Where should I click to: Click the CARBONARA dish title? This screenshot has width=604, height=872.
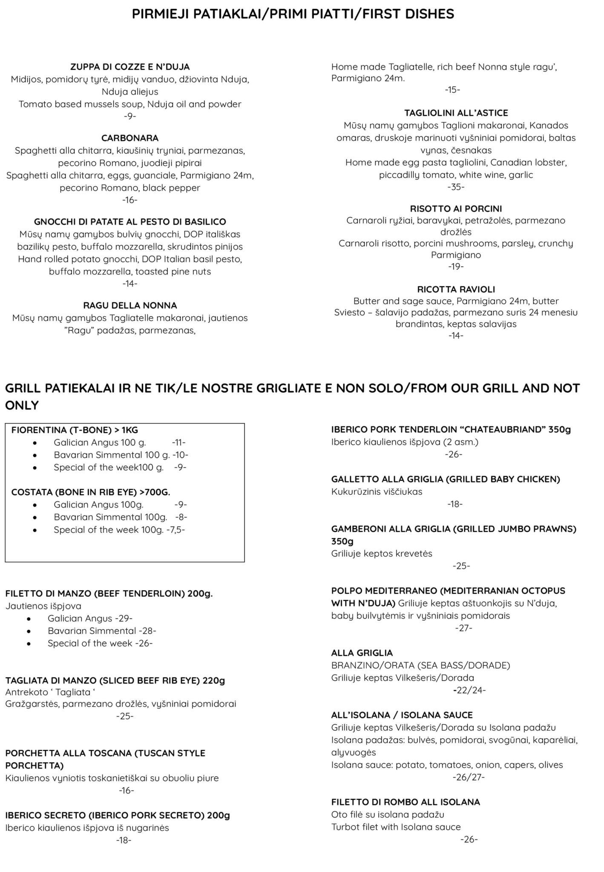tap(130, 138)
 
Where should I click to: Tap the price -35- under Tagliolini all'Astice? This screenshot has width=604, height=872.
tap(456, 187)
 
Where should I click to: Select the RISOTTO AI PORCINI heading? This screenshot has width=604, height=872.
tap(456, 209)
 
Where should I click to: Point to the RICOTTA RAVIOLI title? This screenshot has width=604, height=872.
tap(456, 290)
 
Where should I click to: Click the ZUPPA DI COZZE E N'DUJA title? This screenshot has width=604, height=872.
tap(130, 67)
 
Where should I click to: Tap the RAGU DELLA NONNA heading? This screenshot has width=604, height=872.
tap(130, 305)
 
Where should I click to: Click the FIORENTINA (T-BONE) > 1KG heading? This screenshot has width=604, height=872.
tap(75, 430)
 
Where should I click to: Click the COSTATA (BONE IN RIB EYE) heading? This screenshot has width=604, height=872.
tap(91, 492)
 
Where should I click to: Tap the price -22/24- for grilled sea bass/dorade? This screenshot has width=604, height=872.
tap(469, 690)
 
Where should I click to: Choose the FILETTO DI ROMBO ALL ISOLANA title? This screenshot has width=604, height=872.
tap(406, 802)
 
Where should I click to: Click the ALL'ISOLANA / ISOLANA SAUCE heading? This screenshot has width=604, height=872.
tap(402, 715)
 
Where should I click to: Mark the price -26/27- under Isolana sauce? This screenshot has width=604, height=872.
tap(469, 777)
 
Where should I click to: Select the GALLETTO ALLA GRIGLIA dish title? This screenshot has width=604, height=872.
tap(446, 479)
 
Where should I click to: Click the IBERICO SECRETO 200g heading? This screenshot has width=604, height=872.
tap(118, 815)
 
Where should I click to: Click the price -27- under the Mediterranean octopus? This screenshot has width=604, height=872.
tap(464, 628)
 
